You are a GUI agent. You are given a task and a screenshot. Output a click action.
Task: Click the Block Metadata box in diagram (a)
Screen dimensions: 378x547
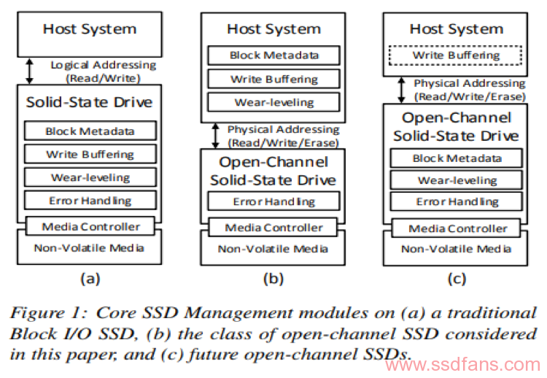tap(90, 131)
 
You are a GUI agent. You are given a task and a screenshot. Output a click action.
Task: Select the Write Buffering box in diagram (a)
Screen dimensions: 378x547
tap(90, 154)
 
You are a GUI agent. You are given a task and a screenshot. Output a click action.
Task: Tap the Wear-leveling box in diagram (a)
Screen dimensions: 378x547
tap(90, 177)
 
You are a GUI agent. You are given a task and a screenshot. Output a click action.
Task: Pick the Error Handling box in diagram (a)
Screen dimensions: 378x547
tap(90, 199)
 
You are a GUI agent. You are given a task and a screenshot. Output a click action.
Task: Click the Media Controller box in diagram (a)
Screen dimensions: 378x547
tap(90, 226)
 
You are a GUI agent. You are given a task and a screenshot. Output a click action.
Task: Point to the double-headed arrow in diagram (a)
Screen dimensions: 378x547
tap(30, 71)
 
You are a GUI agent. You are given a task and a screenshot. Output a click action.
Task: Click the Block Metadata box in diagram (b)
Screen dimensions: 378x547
tap(273, 55)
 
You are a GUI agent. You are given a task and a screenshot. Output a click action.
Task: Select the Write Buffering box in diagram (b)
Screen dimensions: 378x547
tap(273, 78)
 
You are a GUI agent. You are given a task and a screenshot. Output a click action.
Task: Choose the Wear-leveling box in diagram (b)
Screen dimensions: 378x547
tap(273, 101)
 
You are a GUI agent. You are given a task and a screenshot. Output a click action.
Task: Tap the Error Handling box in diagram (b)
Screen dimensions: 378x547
tap(273, 201)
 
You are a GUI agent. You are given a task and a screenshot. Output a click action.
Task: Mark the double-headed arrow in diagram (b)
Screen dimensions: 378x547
tap(214, 136)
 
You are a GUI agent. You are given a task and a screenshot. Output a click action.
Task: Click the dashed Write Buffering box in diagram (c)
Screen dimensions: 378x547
tap(457, 55)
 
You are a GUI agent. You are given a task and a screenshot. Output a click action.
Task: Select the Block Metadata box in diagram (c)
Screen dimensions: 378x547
tap(457, 158)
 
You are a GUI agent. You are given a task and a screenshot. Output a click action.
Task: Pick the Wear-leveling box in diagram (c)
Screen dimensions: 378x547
tap(457, 180)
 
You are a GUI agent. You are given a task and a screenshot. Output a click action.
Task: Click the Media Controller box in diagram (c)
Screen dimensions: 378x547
tap(457, 228)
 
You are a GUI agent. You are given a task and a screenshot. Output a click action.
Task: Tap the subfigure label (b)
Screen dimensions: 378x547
tap(273, 277)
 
